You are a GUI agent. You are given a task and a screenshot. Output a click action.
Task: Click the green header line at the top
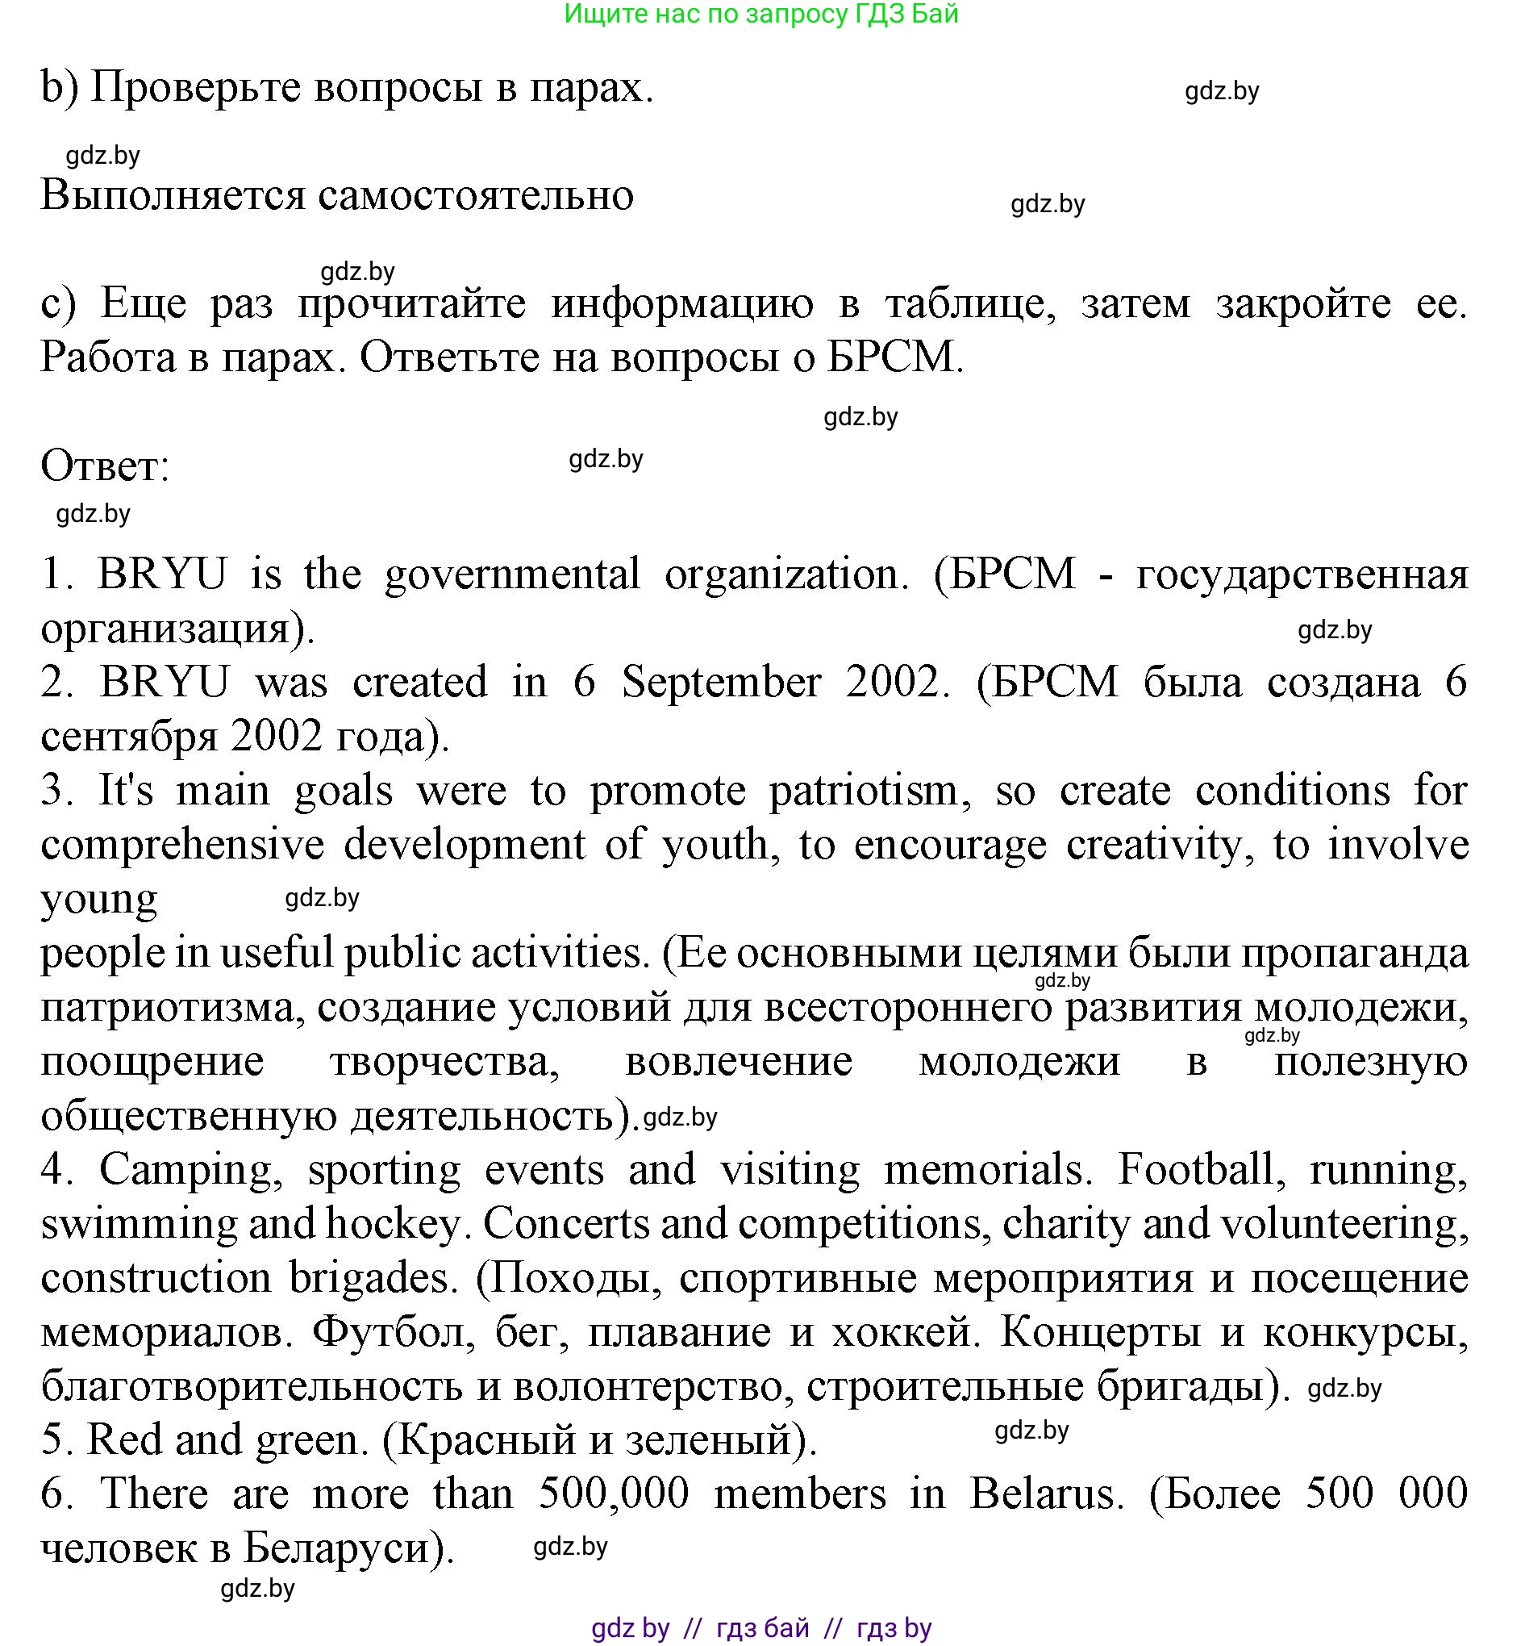coord(760,14)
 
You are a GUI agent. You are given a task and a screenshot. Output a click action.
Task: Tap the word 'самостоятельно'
coord(475,195)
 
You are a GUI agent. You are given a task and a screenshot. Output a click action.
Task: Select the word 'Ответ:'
coord(105,466)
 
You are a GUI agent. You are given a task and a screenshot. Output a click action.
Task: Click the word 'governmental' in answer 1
coord(511,574)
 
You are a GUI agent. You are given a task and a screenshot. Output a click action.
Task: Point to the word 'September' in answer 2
coord(721,683)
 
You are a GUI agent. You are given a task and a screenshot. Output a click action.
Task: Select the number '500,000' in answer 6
coord(614,1494)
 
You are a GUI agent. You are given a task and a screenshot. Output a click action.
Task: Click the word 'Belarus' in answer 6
coord(1045,1494)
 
